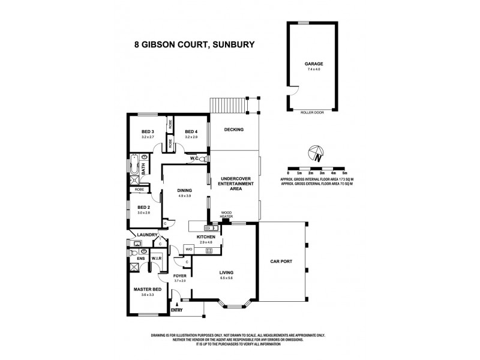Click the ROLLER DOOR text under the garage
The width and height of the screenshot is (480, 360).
pos(310,112)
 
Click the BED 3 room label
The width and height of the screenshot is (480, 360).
pos(148,132)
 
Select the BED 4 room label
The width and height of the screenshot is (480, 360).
pos(191,132)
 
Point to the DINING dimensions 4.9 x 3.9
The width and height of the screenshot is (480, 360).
pos(184,196)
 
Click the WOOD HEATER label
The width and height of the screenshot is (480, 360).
pos(227,215)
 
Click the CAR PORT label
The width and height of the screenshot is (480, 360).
pos(282,262)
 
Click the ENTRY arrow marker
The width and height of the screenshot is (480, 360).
pos(177,304)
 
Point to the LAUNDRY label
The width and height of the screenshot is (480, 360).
pos(147,235)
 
